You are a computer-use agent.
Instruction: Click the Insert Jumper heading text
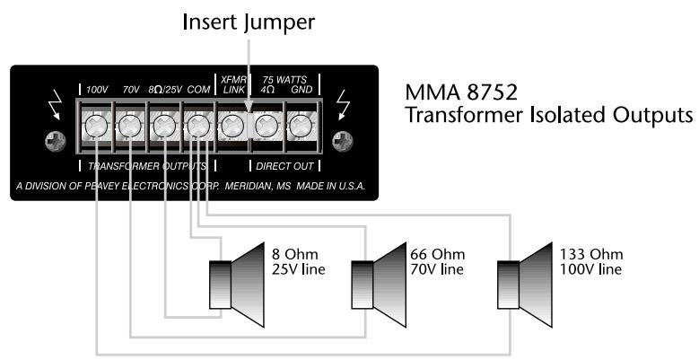coord(249,23)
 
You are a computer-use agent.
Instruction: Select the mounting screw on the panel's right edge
coord(341,142)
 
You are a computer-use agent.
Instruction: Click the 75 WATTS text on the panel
coord(283,79)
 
